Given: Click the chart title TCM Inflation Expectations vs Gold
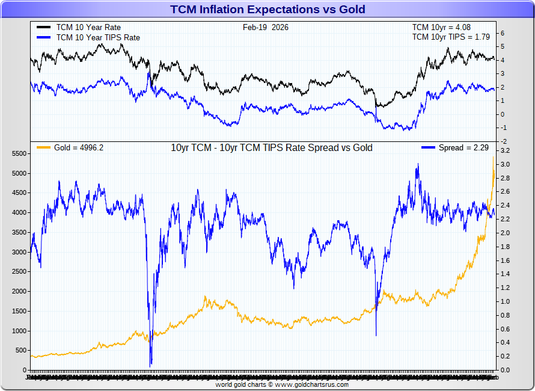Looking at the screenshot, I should pos(267,9).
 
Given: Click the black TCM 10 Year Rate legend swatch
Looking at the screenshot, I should pos(44,28).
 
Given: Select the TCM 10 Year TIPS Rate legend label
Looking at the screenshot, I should pos(98,37).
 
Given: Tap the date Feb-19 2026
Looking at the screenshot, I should pos(265,27).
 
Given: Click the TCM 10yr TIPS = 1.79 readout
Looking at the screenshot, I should pos(450,37).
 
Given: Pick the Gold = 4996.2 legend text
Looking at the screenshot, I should pos(79,148).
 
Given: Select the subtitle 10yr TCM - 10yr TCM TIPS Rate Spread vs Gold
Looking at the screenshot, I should pos(272,148).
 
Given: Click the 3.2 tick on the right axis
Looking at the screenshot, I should pos(506,151).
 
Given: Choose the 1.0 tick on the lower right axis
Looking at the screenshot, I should pos(506,302).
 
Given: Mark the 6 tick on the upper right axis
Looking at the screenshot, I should pos(503,34).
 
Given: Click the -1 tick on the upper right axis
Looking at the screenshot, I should pos(504,128).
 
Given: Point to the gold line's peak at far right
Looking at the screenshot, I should pos(494,157).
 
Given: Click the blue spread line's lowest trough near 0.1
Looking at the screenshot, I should pos(151,364).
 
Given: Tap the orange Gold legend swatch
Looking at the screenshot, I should pos(44,148).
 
